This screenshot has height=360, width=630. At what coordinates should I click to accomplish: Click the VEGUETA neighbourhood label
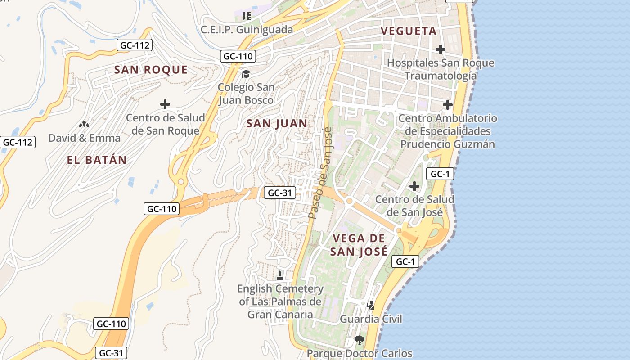click(409, 31)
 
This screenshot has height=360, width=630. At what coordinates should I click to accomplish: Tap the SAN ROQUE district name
click(151, 70)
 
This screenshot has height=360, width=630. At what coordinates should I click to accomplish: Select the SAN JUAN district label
click(277, 123)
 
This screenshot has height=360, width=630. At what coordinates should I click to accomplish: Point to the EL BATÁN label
click(97, 160)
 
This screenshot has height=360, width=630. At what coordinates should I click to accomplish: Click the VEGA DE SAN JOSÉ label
click(359, 245)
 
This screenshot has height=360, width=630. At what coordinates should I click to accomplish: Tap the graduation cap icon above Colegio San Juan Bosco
click(246, 74)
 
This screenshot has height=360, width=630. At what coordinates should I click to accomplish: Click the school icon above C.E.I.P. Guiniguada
click(246, 17)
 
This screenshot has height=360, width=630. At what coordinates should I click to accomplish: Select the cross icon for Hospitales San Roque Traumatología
click(441, 49)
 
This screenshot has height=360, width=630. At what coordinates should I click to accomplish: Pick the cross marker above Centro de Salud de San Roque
click(165, 105)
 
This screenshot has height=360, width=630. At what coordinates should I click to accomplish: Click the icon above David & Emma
click(84, 125)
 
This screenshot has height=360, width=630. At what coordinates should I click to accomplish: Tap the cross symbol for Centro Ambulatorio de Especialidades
click(447, 105)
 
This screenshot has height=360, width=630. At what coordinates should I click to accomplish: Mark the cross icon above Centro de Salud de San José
click(414, 186)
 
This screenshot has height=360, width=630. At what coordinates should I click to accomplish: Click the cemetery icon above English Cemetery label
click(280, 275)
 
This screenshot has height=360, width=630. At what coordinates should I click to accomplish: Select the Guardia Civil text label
click(371, 319)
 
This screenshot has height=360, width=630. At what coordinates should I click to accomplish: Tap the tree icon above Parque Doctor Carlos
click(359, 340)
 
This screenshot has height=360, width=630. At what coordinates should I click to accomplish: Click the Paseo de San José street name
click(320, 173)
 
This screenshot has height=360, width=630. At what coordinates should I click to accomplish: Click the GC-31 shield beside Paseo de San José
click(279, 193)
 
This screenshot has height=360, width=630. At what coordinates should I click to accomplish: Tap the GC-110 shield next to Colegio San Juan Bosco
click(238, 56)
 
